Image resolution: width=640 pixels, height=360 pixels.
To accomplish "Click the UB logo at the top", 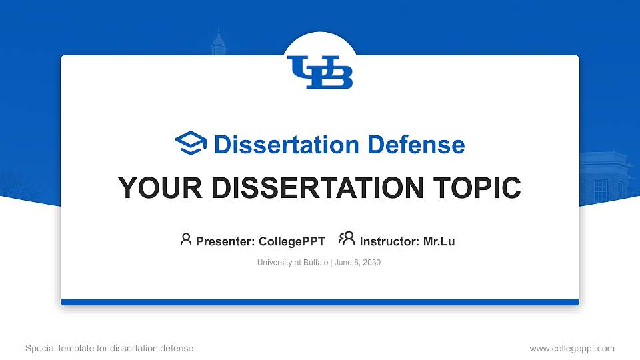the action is point(320,72).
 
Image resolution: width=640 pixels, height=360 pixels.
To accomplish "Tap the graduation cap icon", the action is point(191,143).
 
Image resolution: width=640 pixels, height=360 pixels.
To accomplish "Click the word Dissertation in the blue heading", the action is point(287,145).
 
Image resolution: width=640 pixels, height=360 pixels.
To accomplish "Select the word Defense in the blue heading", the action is point(416,145).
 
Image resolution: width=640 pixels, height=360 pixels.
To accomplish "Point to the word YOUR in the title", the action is point(160,188).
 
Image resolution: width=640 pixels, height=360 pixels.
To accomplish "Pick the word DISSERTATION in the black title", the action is point(317,188).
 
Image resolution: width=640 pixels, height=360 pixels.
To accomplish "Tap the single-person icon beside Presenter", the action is point(186,239).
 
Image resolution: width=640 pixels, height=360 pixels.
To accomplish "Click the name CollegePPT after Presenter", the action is point(292,241).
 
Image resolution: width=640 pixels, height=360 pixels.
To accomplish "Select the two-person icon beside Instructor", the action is point(347,239).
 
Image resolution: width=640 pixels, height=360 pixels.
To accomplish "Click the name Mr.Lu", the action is point(439,241).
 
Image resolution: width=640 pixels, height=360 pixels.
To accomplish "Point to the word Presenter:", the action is point(225,241).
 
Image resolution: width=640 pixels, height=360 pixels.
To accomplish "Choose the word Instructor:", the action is point(389,241).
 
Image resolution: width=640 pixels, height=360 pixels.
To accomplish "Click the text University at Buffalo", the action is point(293,263).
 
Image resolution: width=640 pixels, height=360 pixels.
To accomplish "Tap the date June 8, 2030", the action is point(357,263).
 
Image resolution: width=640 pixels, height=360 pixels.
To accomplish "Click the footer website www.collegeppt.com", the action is point(572,348).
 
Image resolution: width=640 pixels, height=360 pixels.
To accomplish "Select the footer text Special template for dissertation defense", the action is point(109,348).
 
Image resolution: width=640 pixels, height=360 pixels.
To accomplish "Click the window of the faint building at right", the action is point(601,191).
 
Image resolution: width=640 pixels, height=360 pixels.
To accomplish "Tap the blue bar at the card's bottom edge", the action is point(320,302).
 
